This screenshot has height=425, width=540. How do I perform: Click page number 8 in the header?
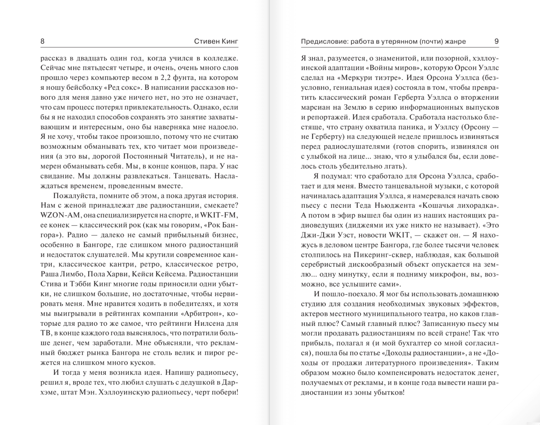42,41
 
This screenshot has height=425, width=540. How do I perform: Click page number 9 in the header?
496,41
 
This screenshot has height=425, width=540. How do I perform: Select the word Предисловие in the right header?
324,41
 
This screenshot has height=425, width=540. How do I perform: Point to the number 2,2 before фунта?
166,78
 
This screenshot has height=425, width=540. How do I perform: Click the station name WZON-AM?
60,215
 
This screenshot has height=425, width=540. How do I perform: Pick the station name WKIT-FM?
219,215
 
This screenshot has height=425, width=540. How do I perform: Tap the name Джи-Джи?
315,235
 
